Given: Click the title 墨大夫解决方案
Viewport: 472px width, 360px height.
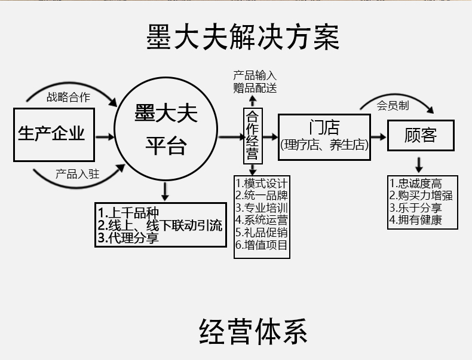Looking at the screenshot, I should [x=243, y=37].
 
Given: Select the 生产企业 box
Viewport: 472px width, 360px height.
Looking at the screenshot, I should [x=52, y=134].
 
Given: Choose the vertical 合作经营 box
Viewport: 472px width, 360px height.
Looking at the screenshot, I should [x=253, y=136].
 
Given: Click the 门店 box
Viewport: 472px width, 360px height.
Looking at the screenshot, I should [x=324, y=136].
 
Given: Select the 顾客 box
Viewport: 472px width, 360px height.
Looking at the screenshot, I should [x=421, y=136].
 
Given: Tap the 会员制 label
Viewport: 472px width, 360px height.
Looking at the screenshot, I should [x=393, y=106].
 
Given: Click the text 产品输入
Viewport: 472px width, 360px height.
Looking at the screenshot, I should [x=255, y=76].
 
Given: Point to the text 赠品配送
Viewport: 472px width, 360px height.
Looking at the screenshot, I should [x=255, y=88].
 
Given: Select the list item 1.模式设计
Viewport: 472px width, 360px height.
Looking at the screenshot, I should [x=262, y=183].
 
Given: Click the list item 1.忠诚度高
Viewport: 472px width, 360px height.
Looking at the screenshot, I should [x=416, y=184].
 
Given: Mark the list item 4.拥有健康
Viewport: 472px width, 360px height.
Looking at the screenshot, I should [x=416, y=220].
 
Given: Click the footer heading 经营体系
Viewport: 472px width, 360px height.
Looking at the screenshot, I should [x=253, y=331].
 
